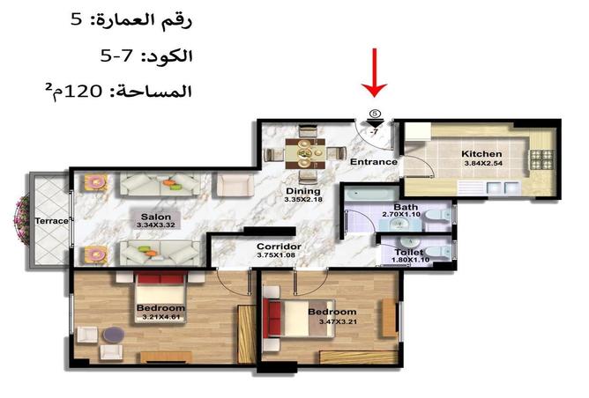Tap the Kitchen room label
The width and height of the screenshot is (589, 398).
481,155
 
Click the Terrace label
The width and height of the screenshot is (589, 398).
52,220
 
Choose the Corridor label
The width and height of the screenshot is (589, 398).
279,247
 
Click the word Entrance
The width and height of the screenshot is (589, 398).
374,162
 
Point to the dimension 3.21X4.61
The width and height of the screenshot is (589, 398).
160,317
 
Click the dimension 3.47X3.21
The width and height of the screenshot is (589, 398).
332,322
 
